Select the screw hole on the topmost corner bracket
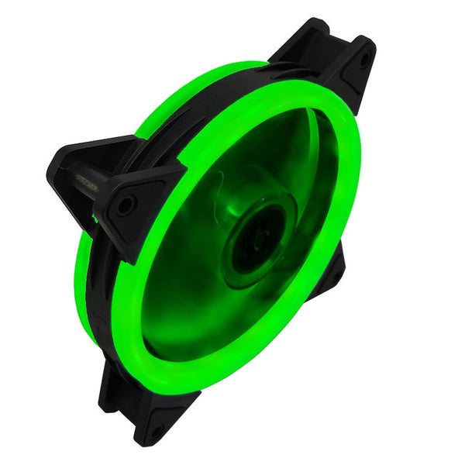(x=363, y=58)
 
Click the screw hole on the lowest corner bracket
(x=155, y=430)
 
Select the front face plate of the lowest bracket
(x=167, y=415)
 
